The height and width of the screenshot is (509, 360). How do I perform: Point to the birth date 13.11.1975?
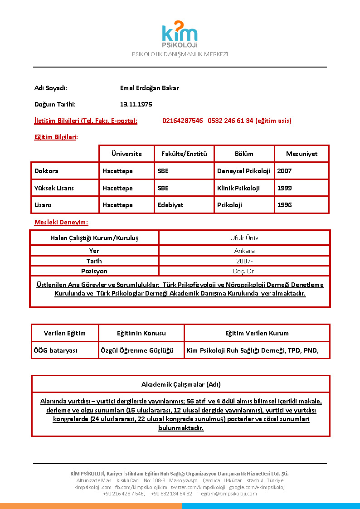tap(136, 104)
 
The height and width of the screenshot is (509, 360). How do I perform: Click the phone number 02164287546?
tap(183, 121)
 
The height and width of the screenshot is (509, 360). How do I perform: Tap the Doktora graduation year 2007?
tap(284, 171)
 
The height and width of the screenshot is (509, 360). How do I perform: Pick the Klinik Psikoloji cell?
tap(238, 188)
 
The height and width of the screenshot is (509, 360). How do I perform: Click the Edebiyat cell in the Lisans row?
tap(170, 205)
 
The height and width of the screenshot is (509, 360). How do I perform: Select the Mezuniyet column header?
tap(302, 154)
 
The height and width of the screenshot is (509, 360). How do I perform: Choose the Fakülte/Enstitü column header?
tap(184, 154)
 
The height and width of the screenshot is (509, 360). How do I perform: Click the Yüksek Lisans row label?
tap(54, 188)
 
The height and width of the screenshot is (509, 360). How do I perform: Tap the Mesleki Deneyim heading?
tap(61, 222)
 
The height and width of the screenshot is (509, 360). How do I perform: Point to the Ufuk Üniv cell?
tap(244, 238)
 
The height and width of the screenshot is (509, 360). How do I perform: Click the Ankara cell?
tap(244, 251)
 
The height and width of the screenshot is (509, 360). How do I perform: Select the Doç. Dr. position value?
tap(244, 271)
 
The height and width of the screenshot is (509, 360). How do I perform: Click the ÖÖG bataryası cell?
tap(56, 350)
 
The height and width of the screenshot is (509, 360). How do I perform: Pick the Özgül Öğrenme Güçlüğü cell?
tap(137, 350)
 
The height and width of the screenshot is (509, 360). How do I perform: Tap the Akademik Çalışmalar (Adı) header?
tap(181, 384)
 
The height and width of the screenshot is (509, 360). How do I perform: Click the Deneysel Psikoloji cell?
tap(243, 171)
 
